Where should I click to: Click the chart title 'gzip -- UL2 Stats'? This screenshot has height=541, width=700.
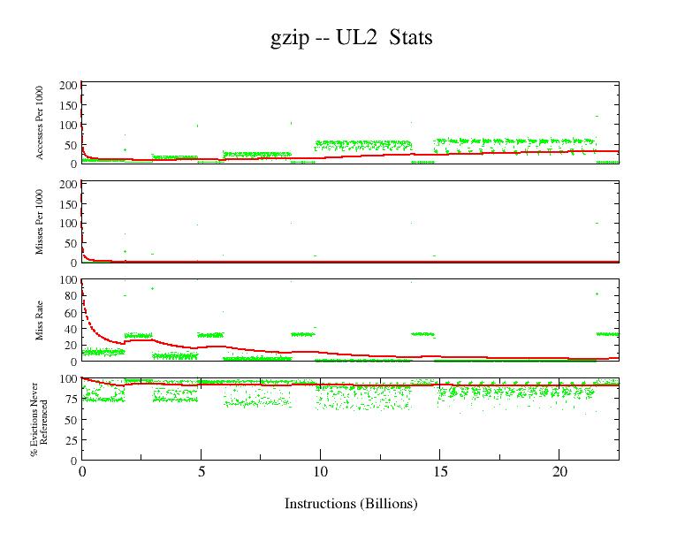pyautogui.click(x=351, y=38)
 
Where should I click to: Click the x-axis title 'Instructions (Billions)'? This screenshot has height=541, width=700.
pyautogui.click(x=351, y=504)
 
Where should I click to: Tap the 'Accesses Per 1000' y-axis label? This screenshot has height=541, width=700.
pyautogui.click(x=40, y=123)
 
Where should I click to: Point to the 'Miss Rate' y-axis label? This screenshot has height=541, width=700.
pyautogui.click(x=40, y=320)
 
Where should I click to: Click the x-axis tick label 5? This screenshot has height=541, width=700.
pyautogui.click(x=202, y=472)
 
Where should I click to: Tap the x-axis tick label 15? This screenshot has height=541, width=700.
pyautogui.click(x=439, y=472)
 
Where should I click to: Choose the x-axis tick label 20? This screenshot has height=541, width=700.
pyautogui.click(x=559, y=472)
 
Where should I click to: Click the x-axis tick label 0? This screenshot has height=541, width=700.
pyautogui.click(x=82, y=472)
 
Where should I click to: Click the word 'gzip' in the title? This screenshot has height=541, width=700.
pyautogui.click(x=287, y=40)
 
